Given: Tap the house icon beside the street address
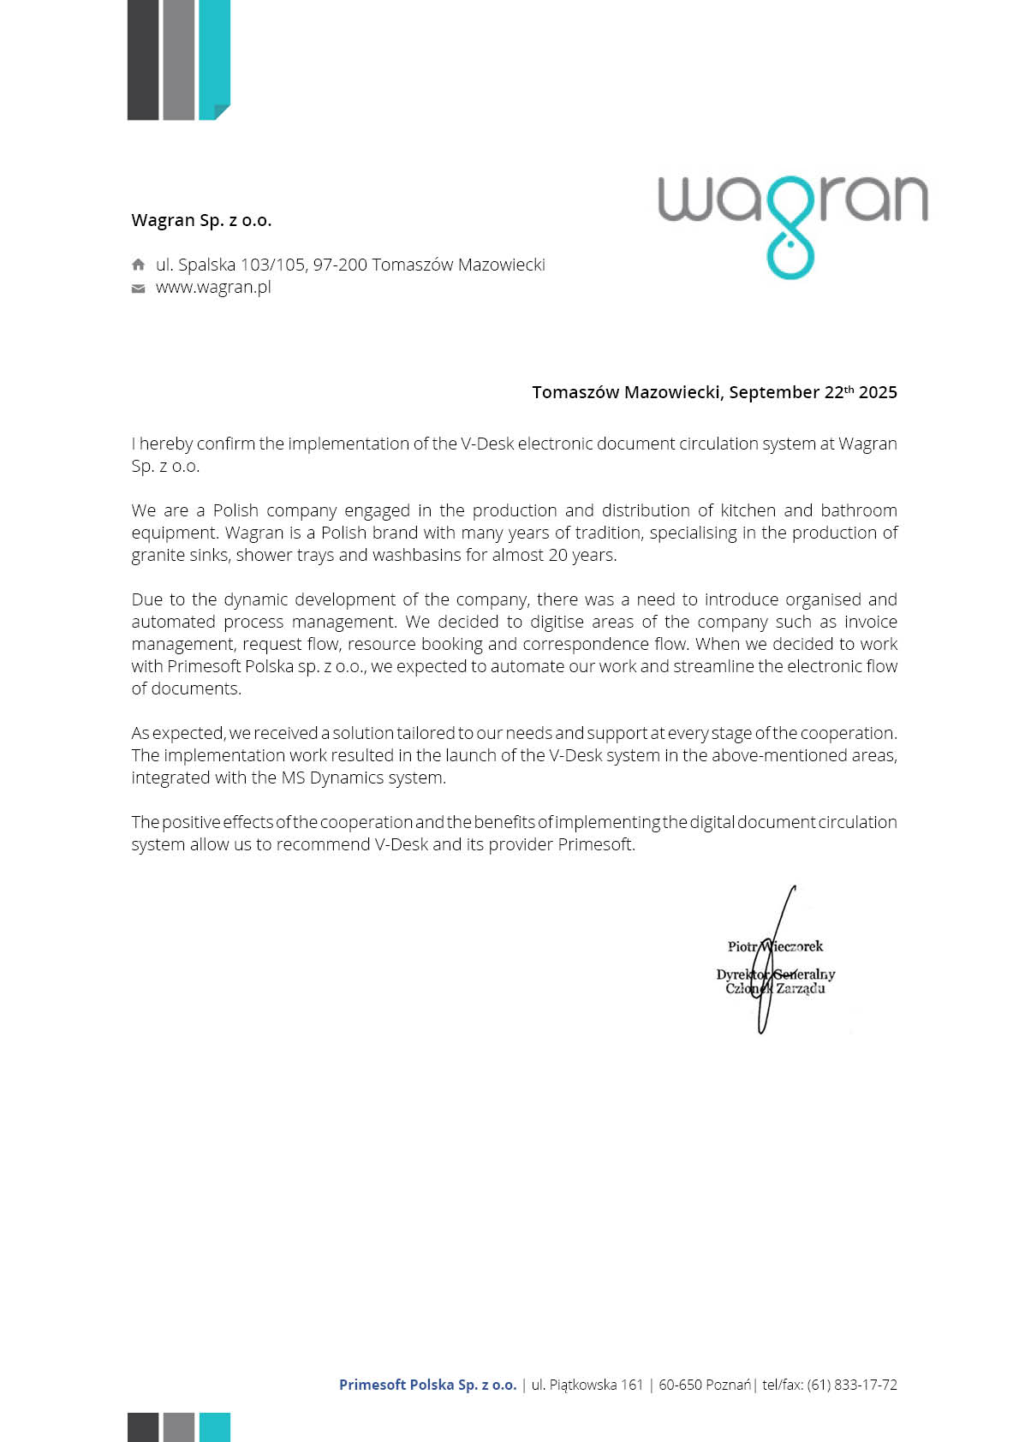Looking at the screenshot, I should [x=138, y=265].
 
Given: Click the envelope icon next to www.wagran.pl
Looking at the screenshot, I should [x=138, y=289].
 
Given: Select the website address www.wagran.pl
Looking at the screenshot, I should [x=213, y=288].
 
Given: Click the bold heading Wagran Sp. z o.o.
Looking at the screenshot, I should [x=201, y=220].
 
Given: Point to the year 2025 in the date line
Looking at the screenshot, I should [x=878, y=392].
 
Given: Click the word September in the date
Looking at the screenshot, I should [x=774, y=392].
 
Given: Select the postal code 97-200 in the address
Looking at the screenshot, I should [x=340, y=265].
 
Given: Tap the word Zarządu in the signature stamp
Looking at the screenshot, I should [x=801, y=988].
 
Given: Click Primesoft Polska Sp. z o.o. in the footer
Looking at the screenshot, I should [x=427, y=1385].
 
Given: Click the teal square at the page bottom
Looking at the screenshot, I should [x=214, y=1427].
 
